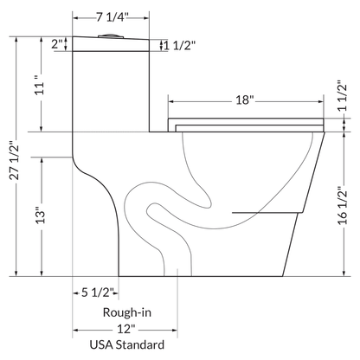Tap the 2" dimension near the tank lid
(x=57, y=43)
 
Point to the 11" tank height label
(x=37, y=87)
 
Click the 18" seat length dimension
(x=244, y=100)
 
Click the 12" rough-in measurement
(x=128, y=330)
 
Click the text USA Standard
(x=128, y=347)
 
